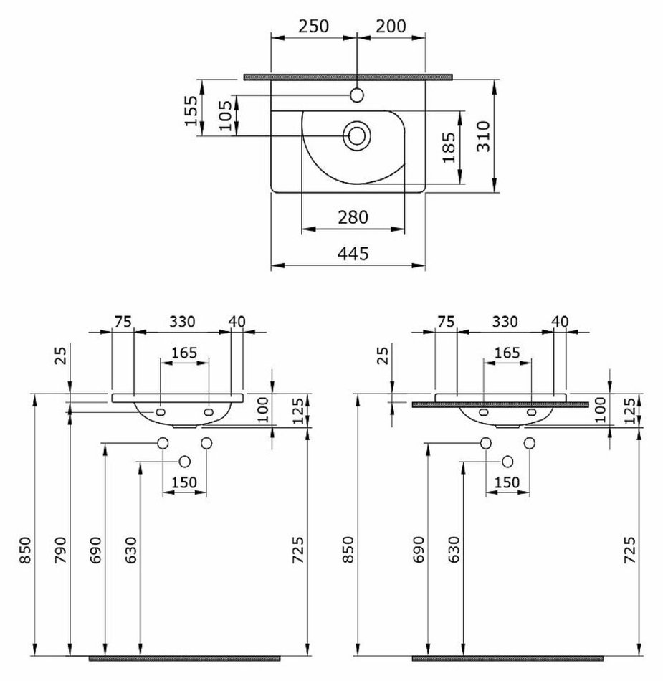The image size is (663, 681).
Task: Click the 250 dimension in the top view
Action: [x=313, y=26]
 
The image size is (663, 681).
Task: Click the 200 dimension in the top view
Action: [x=391, y=26]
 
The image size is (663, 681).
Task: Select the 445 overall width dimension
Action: [x=353, y=253]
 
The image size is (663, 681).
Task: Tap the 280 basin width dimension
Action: [x=353, y=217]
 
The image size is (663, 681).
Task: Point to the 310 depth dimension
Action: [x=483, y=136]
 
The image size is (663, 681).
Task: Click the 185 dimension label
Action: [x=449, y=147]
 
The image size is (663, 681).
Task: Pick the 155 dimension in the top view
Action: [x=191, y=110]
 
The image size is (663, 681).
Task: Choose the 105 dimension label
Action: [x=225, y=115]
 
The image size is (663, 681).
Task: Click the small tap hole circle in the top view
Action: [x=357, y=95]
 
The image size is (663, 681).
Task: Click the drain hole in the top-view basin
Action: [x=357, y=135]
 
